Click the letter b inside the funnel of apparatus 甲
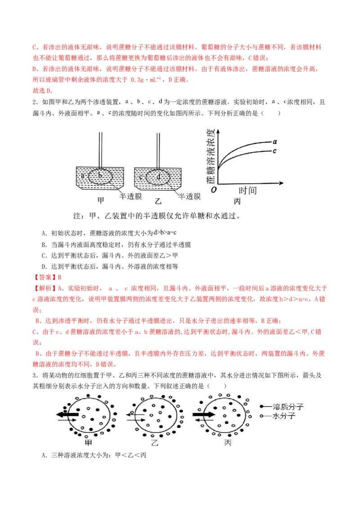pyautogui.click(x=100, y=175)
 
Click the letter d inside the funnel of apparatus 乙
pyautogui.click(x=158, y=177)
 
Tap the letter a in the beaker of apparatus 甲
pyautogui.click(x=83, y=176)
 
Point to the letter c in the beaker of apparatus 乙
pyautogui.click(x=141, y=177)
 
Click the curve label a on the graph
pyautogui.click(x=275, y=142)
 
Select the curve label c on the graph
pyautogui.click(x=274, y=151)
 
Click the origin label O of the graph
pyautogui.click(x=213, y=190)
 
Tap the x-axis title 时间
pyautogui.click(x=247, y=191)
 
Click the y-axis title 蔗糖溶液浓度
pyautogui.click(x=211, y=156)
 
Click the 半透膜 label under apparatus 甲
pyautogui.click(x=130, y=196)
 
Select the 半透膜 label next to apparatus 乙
pyautogui.click(x=189, y=196)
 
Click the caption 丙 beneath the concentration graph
pyautogui.click(x=237, y=201)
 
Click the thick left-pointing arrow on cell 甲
pyautogui.click(x=67, y=414)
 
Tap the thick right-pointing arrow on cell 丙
pyautogui.click(x=204, y=415)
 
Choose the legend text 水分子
pyautogui.click(x=283, y=416)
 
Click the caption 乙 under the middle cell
pyautogui.click(x=155, y=442)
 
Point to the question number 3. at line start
pyautogui.click(x=36, y=375)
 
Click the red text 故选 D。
pyautogui.click(x=43, y=90)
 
